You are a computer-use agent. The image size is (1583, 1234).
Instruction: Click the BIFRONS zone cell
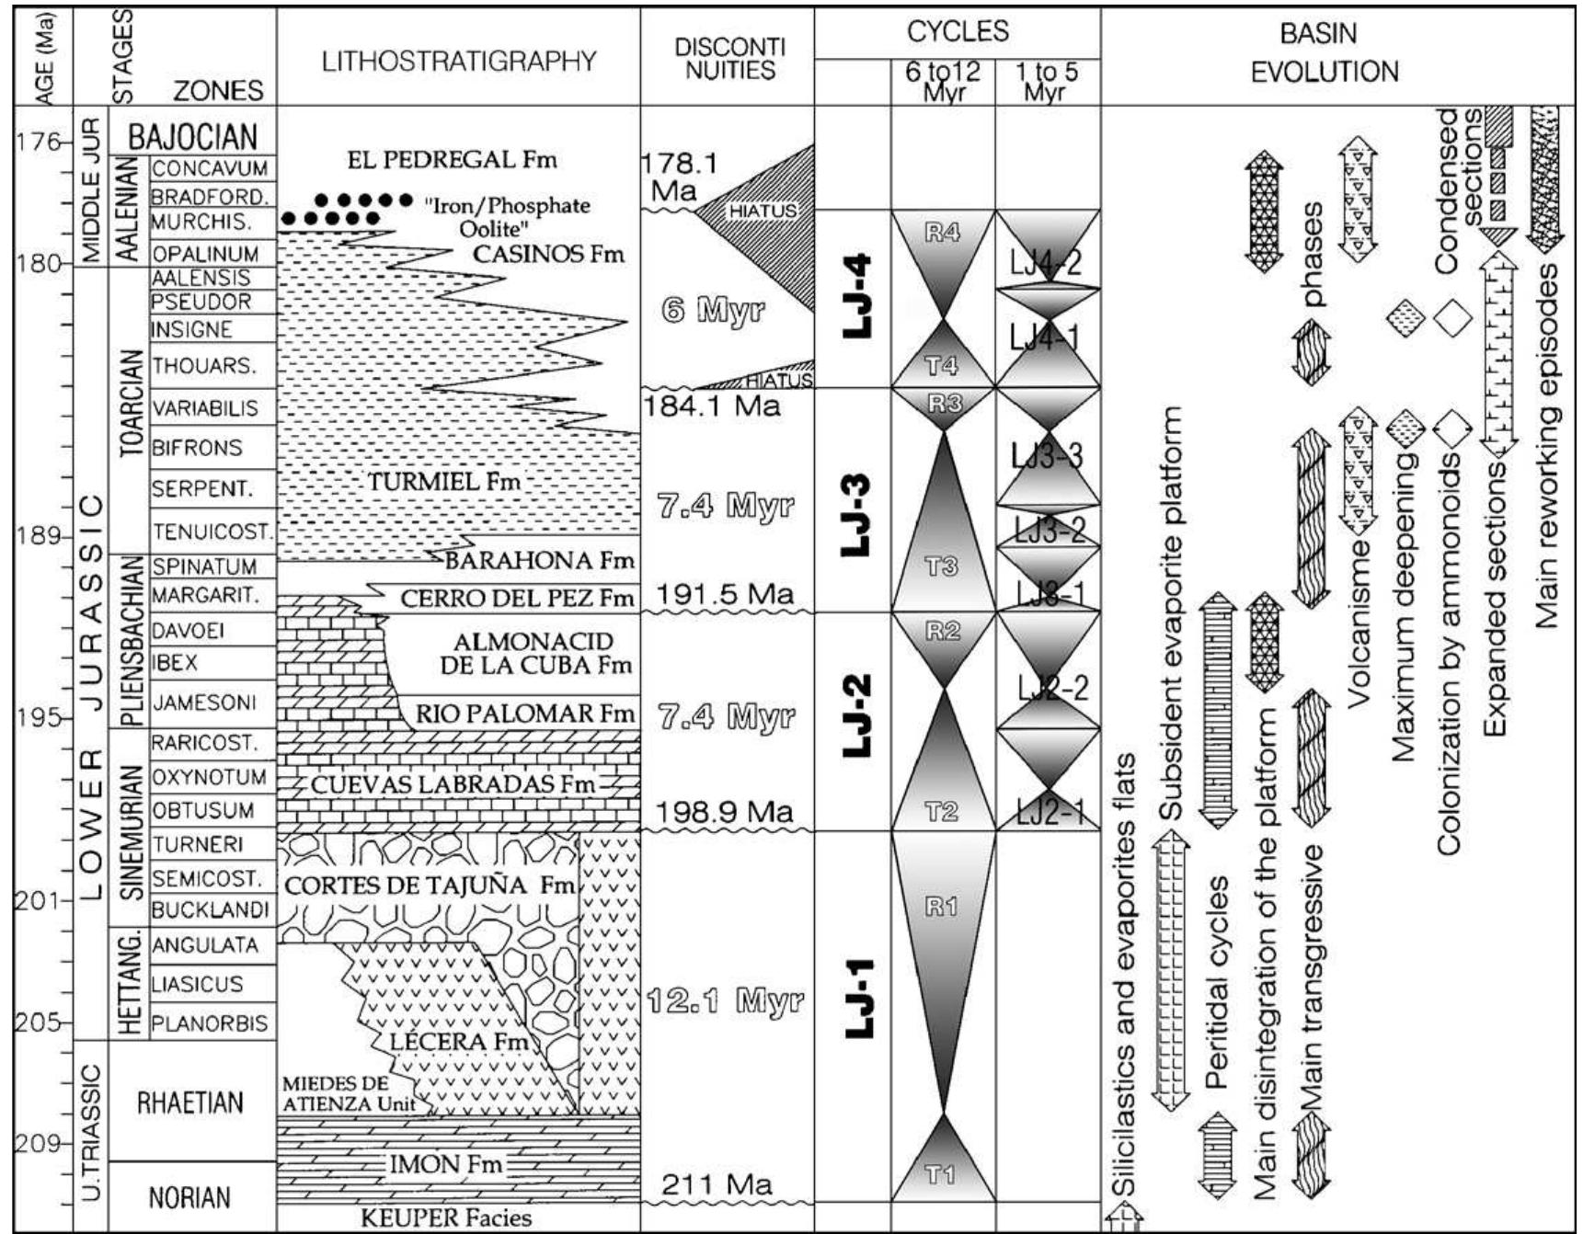198,448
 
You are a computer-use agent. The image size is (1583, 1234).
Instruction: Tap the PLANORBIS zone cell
211,1023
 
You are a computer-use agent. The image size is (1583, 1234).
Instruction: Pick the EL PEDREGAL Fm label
453,159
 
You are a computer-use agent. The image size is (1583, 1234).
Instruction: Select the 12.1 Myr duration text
724,1000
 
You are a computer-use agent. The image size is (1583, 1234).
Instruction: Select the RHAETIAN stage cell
191,1103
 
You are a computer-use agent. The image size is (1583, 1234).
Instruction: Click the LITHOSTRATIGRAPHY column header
459,62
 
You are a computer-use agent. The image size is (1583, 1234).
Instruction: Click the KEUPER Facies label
446,1218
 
